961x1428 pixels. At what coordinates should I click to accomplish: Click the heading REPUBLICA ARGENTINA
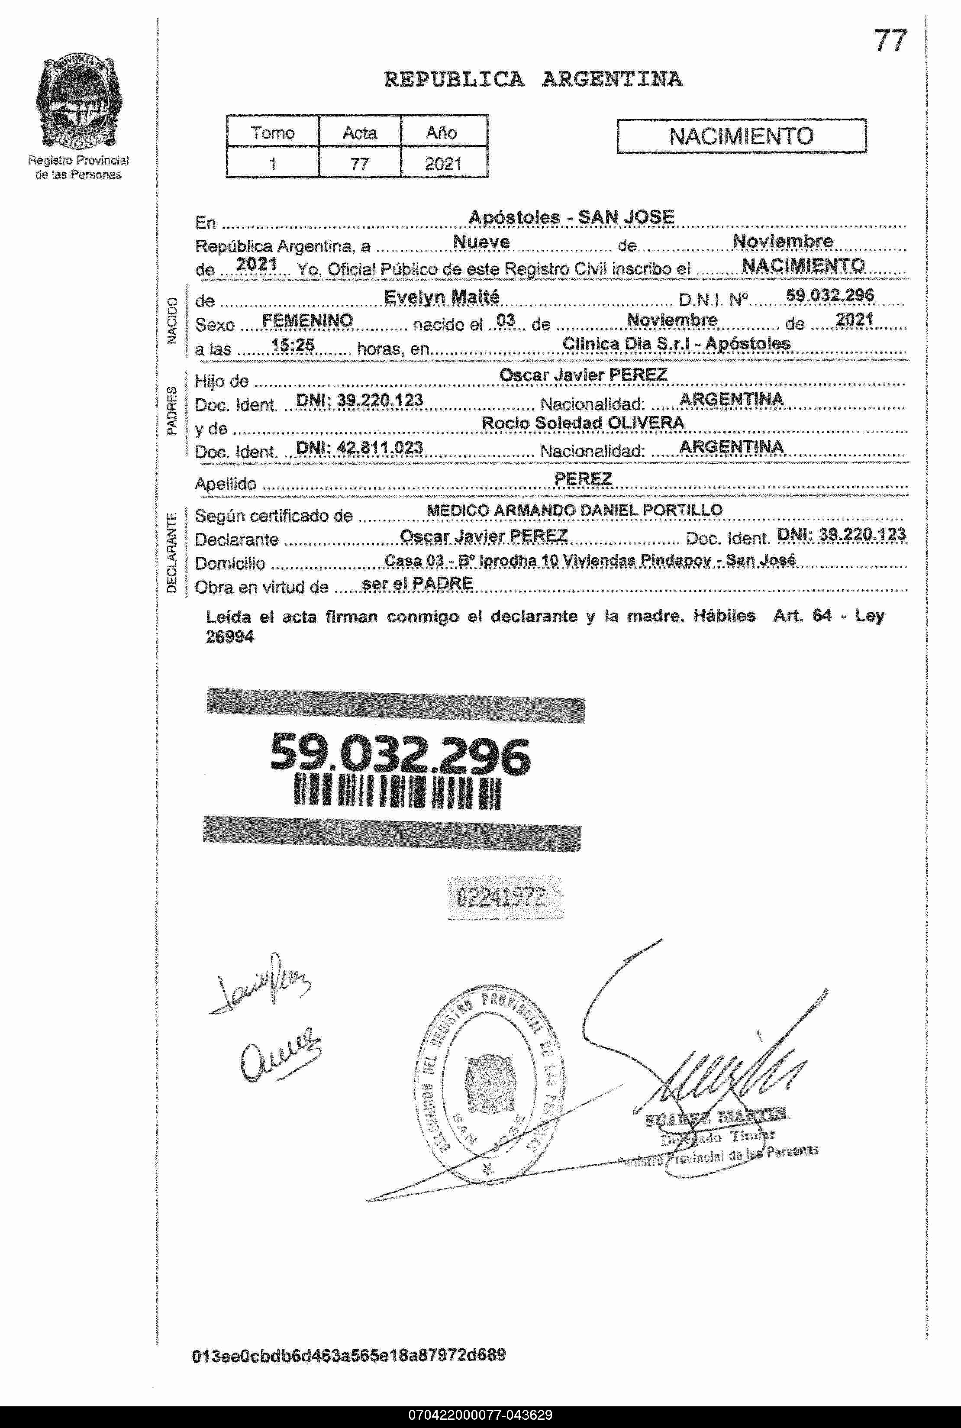point(532,79)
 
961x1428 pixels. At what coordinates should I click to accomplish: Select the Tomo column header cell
point(273,132)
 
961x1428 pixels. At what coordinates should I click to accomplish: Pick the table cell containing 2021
point(443,164)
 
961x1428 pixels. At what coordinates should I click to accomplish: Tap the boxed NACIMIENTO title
point(741,136)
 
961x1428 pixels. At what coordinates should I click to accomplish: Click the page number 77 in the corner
point(890,41)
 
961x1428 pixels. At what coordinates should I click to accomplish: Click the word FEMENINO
point(307,320)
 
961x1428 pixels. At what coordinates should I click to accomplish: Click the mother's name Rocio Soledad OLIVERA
point(583,423)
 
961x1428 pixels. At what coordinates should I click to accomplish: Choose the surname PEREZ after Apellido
point(583,478)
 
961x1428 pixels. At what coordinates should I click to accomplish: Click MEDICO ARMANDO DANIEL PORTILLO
point(574,510)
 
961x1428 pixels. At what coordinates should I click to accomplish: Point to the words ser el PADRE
point(417,584)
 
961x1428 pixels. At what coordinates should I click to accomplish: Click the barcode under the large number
point(397,793)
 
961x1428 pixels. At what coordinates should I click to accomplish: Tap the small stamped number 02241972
point(501,897)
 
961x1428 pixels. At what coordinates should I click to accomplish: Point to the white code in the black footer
point(480,1415)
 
